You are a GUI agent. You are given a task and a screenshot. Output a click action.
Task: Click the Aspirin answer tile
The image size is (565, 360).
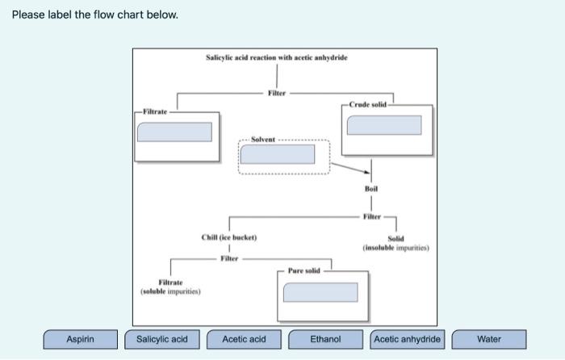pos(80,339)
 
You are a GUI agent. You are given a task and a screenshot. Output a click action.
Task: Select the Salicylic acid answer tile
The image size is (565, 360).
pos(161,339)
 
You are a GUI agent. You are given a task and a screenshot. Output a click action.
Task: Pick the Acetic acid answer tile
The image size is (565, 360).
pos(244,339)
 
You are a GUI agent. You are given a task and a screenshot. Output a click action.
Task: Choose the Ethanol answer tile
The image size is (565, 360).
pos(326,339)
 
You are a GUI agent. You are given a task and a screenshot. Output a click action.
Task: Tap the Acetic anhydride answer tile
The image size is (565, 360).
pos(408,339)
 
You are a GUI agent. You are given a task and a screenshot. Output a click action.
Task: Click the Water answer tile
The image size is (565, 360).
pos(489,339)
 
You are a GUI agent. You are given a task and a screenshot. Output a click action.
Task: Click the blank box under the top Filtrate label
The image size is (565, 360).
pos(174,132)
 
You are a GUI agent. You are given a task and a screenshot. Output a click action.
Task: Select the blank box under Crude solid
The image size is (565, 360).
pos(383,125)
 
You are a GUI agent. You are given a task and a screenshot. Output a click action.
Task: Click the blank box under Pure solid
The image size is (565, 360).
pos(320,292)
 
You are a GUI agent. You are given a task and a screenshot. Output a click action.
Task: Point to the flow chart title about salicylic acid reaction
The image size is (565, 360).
pos(277,57)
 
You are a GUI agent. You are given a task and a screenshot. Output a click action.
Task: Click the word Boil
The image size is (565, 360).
pos(371,189)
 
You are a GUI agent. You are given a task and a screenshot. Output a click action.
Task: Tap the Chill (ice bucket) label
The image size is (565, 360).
pos(228,237)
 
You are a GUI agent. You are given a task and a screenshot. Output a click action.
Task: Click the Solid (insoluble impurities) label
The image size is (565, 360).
pos(395,243)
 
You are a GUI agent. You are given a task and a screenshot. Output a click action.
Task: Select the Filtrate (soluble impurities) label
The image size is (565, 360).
pos(169,286)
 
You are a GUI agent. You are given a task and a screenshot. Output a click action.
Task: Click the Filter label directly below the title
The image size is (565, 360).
pos(277,94)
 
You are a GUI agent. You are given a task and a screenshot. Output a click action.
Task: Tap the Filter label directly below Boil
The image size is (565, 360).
pos(371,216)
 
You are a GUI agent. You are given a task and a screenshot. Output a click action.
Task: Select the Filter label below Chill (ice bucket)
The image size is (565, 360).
pos(229,258)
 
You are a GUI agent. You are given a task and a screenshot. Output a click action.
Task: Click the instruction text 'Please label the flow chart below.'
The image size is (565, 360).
pos(94,15)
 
